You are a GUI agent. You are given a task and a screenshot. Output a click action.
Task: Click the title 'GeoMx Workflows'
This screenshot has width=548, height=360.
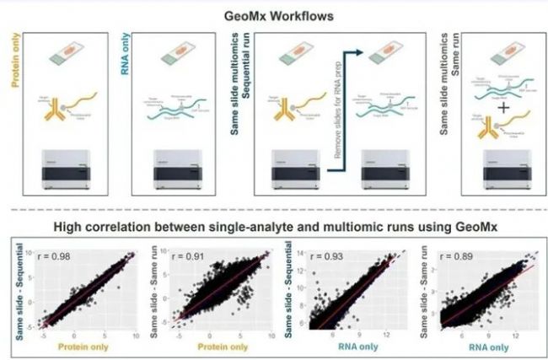274,14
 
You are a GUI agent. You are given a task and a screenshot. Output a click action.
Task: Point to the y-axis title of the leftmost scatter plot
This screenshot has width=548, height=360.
12,291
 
